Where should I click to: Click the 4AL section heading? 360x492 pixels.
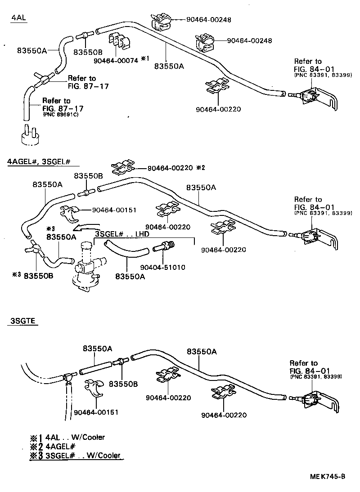(x=18, y=18)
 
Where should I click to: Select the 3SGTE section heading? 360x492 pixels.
(x=22, y=321)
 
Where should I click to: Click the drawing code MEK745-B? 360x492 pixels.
(x=327, y=476)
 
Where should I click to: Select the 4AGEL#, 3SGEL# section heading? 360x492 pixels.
(x=40, y=162)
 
